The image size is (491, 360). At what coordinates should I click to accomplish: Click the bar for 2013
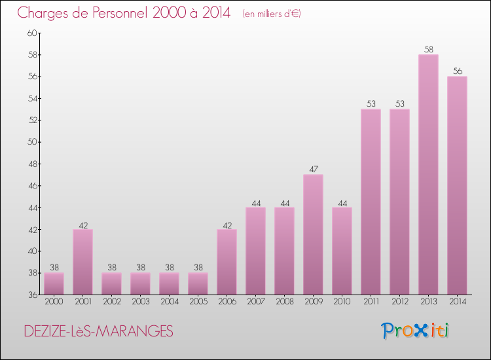click(x=428, y=175)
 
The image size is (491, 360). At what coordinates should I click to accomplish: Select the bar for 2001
click(x=82, y=262)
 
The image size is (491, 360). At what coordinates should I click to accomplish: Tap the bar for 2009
click(x=313, y=234)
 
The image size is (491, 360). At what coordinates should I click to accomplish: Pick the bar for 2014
click(x=457, y=185)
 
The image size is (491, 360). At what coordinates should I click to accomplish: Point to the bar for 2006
click(x=227, y=262)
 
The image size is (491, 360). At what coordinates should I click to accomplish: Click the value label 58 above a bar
click(x=428, y=50)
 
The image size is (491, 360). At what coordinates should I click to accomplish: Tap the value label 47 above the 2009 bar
click(x=313, y=170)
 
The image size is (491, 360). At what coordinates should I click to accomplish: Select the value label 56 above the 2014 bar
click(x=457, y=71)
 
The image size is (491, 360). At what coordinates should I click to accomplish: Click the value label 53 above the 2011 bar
click(x=371, y=104)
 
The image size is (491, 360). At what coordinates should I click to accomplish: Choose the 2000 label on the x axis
click(x=54, y=302)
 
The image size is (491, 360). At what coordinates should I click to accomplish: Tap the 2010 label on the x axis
click(x=342, y=302)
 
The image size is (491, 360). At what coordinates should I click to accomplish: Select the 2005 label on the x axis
click(x=198, y=302)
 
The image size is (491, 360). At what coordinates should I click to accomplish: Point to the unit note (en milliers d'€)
click(x=271, y=14)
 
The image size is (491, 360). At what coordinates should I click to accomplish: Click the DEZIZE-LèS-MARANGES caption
click(x=98, y=332)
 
